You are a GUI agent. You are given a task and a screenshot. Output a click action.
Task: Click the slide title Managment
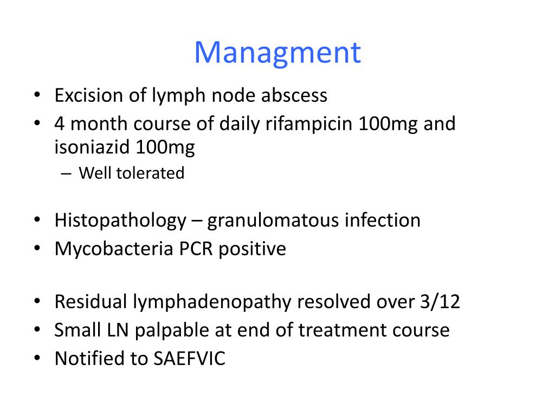[277, 53]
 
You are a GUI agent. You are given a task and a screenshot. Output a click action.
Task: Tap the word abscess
[294, 95]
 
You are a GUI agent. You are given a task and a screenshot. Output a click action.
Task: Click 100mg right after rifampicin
[388, 124]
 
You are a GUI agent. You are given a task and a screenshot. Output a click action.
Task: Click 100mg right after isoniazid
[165, 147]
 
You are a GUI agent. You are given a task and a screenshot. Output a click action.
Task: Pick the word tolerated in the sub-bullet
[151, 173]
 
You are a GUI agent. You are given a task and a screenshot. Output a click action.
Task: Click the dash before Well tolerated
[66, 174]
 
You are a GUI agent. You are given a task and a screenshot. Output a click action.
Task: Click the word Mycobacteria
[114, 248]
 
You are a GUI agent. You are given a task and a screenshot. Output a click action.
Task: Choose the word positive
[252, 249]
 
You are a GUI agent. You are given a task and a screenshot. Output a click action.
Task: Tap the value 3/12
[440, 302]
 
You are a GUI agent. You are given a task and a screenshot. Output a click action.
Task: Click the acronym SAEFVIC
[189, 359]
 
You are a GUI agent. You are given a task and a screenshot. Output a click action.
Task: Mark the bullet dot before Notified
[37, 357]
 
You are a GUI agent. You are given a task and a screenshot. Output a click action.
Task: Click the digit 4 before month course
[60, 124]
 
